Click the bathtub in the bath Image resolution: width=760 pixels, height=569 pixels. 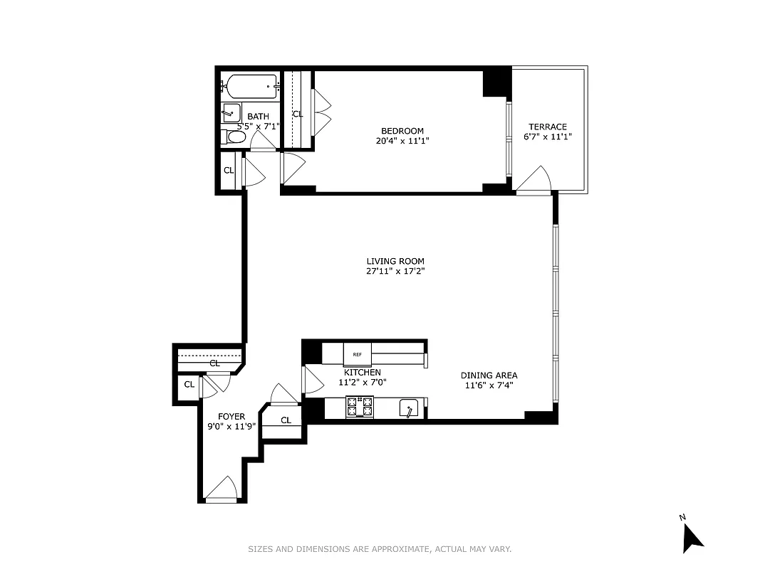coord(249,87)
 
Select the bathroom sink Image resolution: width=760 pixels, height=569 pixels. coord(231,112)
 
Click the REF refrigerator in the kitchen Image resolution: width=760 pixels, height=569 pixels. coord(357,353)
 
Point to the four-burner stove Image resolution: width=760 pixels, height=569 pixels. coord(360,407)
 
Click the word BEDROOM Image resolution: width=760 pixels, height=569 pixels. coord(402,131)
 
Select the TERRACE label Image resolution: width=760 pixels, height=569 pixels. coord(548,127)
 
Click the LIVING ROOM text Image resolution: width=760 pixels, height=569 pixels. coord(395,261)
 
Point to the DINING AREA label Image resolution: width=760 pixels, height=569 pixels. coord(489,376)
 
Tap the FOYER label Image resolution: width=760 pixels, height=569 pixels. coord(231,417)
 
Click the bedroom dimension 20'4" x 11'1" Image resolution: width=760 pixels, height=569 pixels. coord(402,141)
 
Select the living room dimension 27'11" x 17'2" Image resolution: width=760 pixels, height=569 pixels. coord(395,271)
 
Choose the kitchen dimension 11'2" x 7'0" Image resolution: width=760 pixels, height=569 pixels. coord(362,383)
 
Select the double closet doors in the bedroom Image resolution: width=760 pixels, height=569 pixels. coord(321,111)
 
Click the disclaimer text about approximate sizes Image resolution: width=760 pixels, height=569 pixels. coord(380,549)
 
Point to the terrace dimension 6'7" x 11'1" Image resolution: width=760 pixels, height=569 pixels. coord(548,137)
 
